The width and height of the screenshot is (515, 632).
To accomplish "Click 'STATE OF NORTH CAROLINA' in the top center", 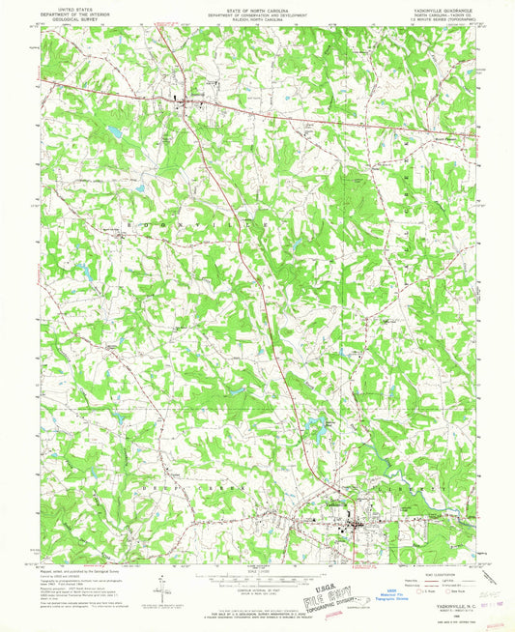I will (x=257, y=6).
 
